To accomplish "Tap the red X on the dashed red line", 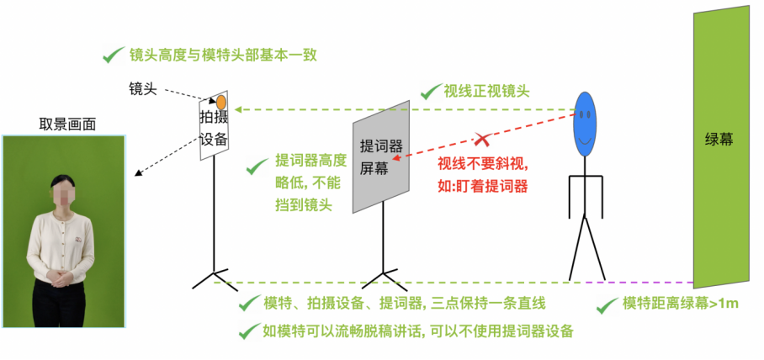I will point(481,137).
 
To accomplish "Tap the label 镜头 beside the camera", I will point(142,88).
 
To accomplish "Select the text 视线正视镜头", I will point(486,91).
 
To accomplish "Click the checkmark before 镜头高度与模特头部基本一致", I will point(111,56).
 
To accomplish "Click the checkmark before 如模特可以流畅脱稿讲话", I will point(247,331).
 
